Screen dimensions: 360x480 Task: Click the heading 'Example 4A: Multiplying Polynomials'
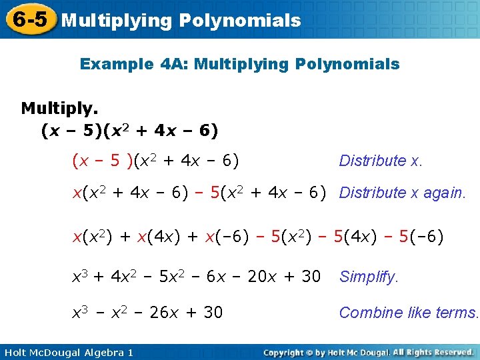point(239,65)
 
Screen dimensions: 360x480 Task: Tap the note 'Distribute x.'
point(381,161)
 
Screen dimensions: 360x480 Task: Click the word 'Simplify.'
point(369,277)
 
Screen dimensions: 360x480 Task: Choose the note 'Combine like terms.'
point(409,313)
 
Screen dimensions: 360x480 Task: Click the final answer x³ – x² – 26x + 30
point(147,312)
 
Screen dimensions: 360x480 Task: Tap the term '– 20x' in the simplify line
point(255,276)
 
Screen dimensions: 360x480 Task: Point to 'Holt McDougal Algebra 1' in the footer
point(67,352)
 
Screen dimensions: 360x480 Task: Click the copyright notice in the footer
point(368,352)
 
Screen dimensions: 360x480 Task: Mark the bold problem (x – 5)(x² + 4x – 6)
point(129,130)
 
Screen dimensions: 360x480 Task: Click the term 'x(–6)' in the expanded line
point(214,237)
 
